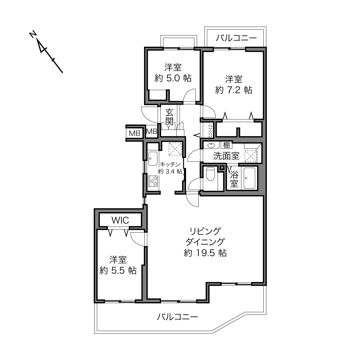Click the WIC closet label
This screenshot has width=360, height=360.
pyautogui.click(x=120, y=221)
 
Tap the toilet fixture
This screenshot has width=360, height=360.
pyautogui.click(x=210, y=174)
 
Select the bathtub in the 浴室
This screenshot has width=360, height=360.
pyautogui.click(x=250, y=178)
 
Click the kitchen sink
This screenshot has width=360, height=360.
pyautogui.click(x=153, y=159)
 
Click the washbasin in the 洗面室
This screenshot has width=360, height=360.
pyautogui.click(x=211, y=145)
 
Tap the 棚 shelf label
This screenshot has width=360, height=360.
pyautogui.click(x=226, y=145)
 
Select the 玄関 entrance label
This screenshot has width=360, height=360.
pyautogui.click(x=169, y=117)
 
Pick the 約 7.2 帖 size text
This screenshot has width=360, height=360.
pyautogui.click(x=233, y=90)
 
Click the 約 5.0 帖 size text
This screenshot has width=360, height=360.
pyautogui.click(x=173, y=78)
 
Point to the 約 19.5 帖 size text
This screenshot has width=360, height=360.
pyautogui.click(x=205, y=253)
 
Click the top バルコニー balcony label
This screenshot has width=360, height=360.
pyautogui.click(x=236, y=38)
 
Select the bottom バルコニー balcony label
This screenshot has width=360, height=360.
pyautogui.click(x=177, y=317)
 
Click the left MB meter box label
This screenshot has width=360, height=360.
pyautogui.click(x=135, y=133)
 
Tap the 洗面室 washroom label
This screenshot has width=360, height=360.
pyautogui.click(x=226, y=156)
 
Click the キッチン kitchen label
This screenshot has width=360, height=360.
pyautogui.click(x=170, y=164)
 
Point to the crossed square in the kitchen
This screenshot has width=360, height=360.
pyautogui.click(x=175, y=149)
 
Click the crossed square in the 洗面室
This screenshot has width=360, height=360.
pyautogui.click(x=250, y=156)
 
